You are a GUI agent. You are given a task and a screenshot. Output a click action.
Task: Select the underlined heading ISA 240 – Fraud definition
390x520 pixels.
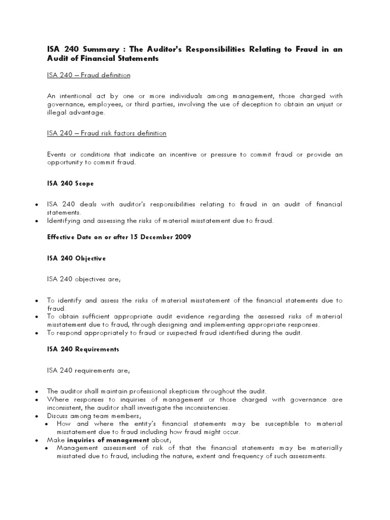[x=88, y=75]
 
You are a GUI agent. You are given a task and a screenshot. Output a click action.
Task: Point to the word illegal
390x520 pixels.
[x=55, y=113]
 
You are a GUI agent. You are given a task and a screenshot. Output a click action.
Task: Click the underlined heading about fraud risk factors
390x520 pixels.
[x=106, y=134]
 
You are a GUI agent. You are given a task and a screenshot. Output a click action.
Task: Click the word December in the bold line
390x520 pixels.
[x=153, y=238]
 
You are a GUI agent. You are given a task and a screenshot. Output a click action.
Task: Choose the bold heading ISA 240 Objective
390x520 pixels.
[x=76, y=258]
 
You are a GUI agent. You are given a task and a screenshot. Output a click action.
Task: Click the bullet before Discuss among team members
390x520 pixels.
[x=37, y=416]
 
